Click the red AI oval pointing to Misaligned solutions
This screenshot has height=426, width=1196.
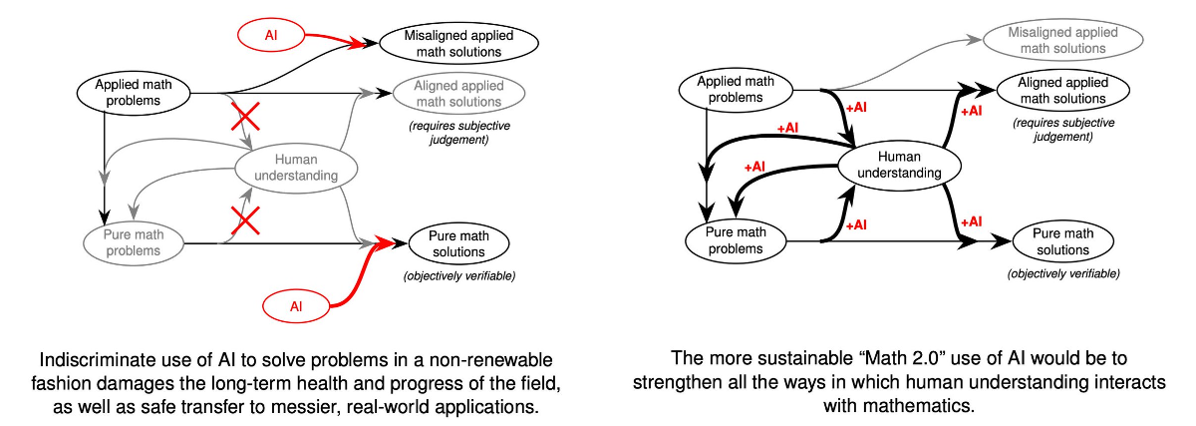(x=271, y=35)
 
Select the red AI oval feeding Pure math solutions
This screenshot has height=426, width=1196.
(x=296, y=306)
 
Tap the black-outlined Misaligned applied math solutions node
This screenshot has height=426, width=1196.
(x=458, y=43)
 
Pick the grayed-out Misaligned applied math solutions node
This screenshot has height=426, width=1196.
(x=1062, y=40)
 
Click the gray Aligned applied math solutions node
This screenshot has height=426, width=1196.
(x=458, y=94)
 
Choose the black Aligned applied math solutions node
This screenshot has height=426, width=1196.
(x=1062, y=91)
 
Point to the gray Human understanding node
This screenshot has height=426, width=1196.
(x=296, y=168)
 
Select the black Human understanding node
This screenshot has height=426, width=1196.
(x=899, y=165)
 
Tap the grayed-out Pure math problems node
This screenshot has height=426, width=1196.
(x=133, y=242)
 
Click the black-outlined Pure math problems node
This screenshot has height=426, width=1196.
(x=736, y=240)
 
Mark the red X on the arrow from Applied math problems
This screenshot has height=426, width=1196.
(x=245, y=117)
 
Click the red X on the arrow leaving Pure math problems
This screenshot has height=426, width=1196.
(x=245, y=220)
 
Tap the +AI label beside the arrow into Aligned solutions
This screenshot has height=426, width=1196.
(x=971, y=111)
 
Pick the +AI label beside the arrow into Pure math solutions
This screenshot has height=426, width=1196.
(x=971, y=221)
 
